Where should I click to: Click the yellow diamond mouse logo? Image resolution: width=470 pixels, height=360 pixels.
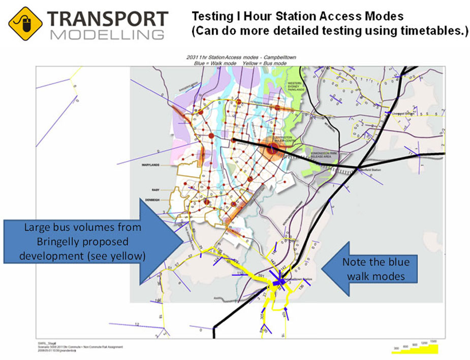coord(25,23)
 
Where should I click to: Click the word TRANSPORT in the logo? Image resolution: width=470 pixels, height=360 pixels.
coord(107,19)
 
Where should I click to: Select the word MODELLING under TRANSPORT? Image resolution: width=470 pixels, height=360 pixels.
coord(108,36)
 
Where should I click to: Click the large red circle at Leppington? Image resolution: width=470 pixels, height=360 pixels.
coord(273,148)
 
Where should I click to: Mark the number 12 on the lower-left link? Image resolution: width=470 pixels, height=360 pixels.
coord(137,324)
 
